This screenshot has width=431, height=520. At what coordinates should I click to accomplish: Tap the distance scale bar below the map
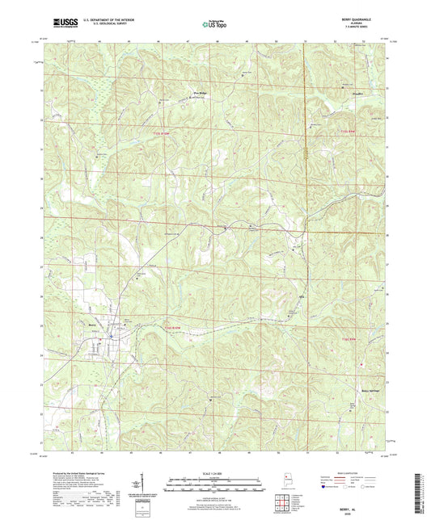(215, 484)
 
